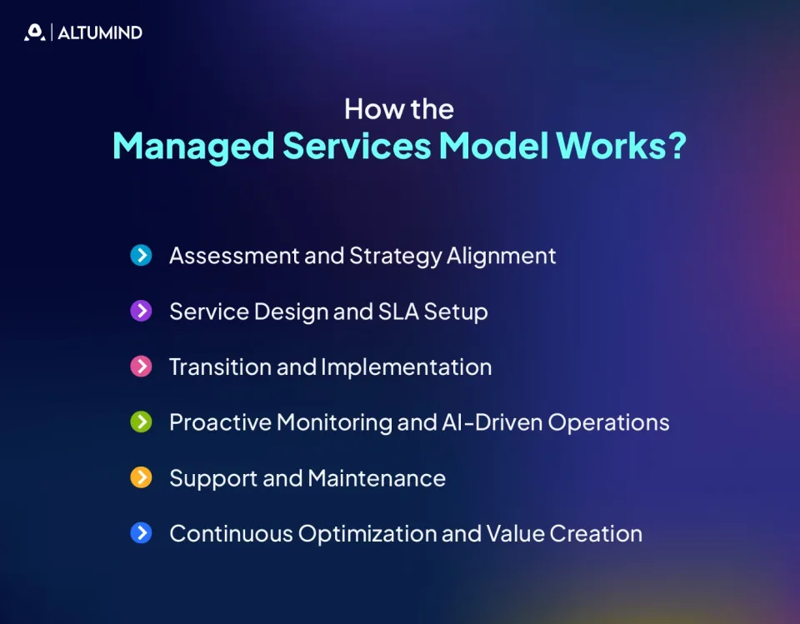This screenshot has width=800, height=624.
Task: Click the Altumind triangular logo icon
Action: click(x=34, y=32)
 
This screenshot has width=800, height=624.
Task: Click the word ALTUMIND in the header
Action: click(x=100, y=33)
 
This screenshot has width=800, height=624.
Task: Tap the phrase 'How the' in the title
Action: click(x=399, y=109)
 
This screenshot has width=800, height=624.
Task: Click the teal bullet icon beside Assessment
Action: click(x=141, y=255)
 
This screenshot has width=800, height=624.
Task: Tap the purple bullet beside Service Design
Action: click(x=141, y=311)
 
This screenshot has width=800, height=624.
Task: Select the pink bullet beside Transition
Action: click(x=141, y=367)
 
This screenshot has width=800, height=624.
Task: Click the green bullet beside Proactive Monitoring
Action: click(x=141, y=422)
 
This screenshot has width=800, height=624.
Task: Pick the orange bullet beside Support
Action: click(x=141, y=478)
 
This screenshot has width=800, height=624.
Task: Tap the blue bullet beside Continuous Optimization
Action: click(x=141, y=533)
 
